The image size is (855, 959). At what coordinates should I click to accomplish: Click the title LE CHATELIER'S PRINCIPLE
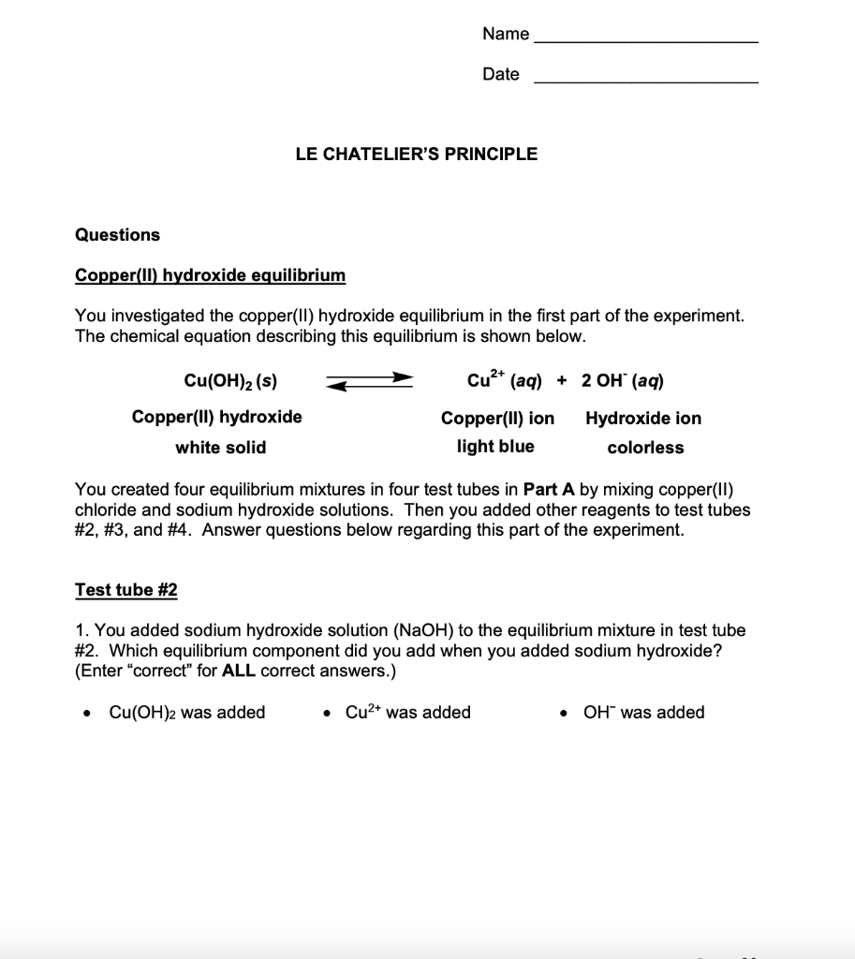pyautogui.click(x=417, y=155)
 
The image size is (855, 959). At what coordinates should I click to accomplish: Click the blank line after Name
pyautogui.click(x=646, y=41)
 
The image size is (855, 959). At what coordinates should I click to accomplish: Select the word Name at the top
pyautogui.click(x=506, y=35)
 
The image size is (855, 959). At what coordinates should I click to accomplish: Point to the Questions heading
pyautogui.click(x=117, y=235)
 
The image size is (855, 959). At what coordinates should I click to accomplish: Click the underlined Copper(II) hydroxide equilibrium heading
pyautogui.click(x=210, y=275)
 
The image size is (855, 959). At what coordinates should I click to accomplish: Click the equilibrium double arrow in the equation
pyautogui.click(x=368, y=381)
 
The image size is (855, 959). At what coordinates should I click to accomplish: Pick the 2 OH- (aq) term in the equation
pyautogui.click(x=623, y=380)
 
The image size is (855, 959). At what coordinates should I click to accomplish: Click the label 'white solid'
pyautogui.click(x=221, y=448)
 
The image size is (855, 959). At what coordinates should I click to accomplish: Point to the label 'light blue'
pyautogui.click(x=495, y=447)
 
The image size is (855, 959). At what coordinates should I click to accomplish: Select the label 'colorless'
pyautogui.click(x=645, y=448)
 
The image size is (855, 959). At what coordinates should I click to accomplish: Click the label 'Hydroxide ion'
pyautogui.click(x=643, y=419)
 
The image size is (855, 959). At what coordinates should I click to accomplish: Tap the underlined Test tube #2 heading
pyautogui.click(x=125, y=590)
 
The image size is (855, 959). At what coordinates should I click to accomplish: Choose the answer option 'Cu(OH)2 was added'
pyautogui.click(x=186, y=713)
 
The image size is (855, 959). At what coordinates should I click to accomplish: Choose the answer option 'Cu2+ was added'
pyautogui.click(x=407, y=713)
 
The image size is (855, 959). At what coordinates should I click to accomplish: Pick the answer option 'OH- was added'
pyautogui.click(x=643, y=713)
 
